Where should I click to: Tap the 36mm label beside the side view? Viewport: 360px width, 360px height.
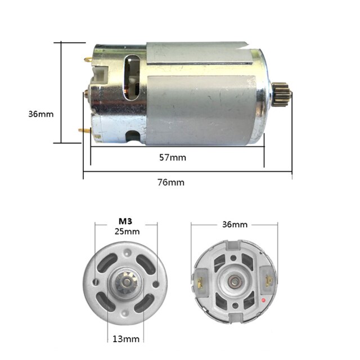pyautogui.click(x=41, y=114)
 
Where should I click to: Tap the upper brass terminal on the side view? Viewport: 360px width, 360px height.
pyautogui.click(x=88, y=57)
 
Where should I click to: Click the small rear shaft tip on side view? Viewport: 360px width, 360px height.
pyautogui.click(x=85, y=93)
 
